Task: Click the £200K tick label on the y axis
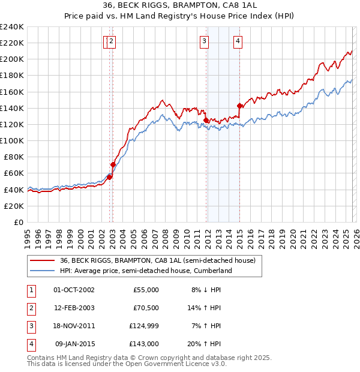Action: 11,59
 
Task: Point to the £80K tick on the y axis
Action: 13,157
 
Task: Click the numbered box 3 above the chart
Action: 205,41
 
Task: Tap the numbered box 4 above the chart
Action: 238,41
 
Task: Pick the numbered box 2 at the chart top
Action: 112,41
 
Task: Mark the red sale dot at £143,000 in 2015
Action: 239,106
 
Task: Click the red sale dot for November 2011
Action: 206,120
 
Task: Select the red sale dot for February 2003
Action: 113,164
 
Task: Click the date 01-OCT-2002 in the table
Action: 74,290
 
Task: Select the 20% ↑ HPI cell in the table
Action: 205,344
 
